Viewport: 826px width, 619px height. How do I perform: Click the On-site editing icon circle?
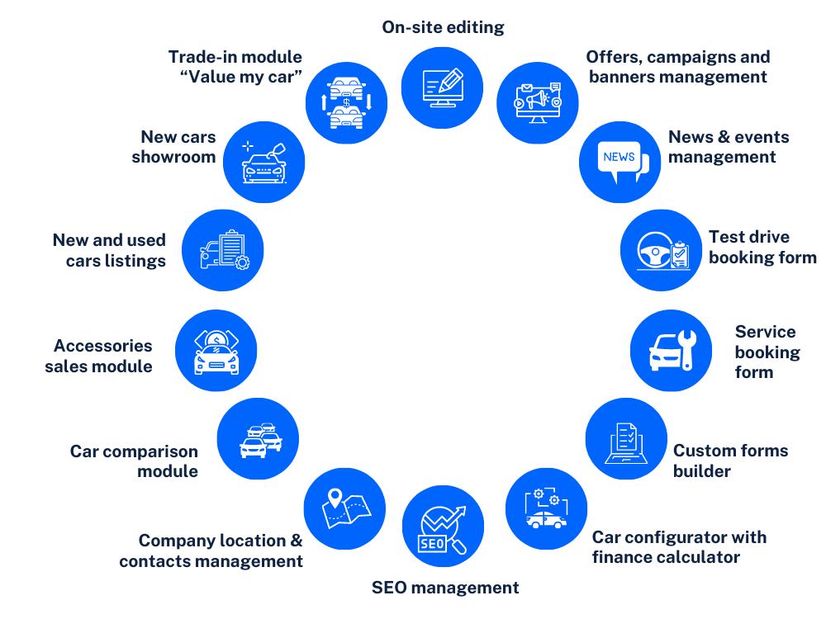tap(442, 87)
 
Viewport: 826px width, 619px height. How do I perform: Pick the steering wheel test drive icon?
tap(661, 249)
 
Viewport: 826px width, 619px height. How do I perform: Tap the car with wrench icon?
tap(671, 351)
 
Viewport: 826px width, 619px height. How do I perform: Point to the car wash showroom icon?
tap(264, 163)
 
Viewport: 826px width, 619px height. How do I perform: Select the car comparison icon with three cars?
tap(258, 438)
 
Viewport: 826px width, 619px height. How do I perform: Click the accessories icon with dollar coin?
tap(216, 351)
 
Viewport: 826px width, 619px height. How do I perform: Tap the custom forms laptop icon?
tap(626, 440)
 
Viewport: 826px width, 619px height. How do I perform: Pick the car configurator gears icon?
tap(546, 508)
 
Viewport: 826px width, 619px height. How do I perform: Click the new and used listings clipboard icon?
tap(222, 250)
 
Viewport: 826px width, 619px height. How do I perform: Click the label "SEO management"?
tap(445, 588)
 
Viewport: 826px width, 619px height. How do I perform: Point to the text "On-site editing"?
tap(443, 27)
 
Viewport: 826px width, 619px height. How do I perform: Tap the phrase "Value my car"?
tap(241, 78)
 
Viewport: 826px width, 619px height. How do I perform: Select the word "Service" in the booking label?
tap(766, 332)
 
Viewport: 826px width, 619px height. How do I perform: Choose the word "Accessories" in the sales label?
tap(103, 346)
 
